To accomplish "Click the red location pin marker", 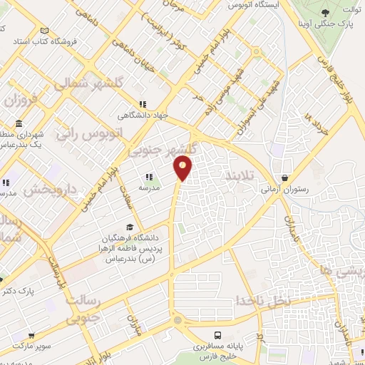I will pyautogui.click(x=183, y=168).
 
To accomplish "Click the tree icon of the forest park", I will pyautogui.click(x=325, y=12).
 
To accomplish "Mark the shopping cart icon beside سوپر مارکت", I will pyautogui.click(x=31, y=334).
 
